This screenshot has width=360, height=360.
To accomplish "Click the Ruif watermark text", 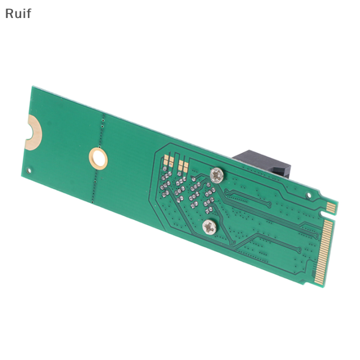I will (18, 13).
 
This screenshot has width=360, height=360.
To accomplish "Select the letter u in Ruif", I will (17, 14).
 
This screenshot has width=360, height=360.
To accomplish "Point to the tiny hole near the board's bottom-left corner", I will (28, 170).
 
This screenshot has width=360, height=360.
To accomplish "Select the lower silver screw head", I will (208, 228).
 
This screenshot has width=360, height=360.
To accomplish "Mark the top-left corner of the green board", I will (32, 87).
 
